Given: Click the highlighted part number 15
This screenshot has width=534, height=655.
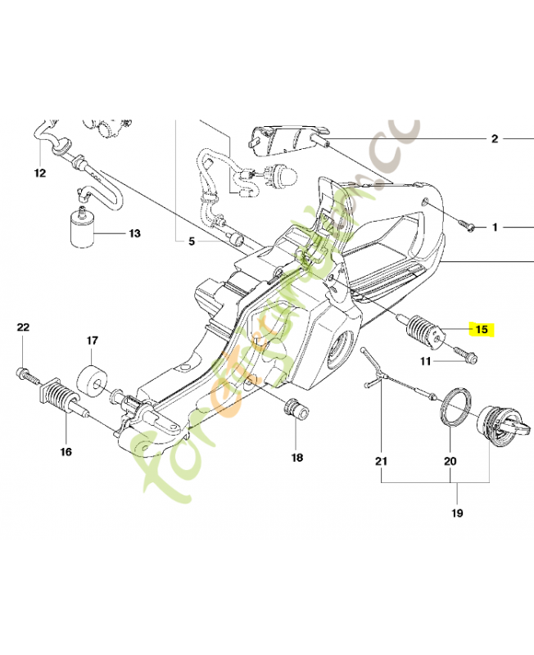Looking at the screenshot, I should coord(481,330).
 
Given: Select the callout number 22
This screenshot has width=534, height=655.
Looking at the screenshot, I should coord(23,327).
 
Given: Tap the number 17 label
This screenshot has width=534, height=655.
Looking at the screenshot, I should coord(93,340).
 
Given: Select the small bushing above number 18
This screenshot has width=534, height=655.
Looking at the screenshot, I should coord(294,407).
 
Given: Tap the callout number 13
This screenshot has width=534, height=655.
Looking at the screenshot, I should coord(133,233).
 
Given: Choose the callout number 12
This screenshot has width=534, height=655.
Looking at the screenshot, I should coord(39,173).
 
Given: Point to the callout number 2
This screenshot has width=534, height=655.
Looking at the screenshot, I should coord(494,138).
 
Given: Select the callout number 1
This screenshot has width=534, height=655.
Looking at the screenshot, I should coord(494,227).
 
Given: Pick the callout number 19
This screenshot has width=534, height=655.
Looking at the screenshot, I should coord(456,513).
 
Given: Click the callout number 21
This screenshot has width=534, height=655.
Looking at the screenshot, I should coord(380,461).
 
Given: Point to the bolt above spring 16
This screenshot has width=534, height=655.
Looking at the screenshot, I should coord(25,374).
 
